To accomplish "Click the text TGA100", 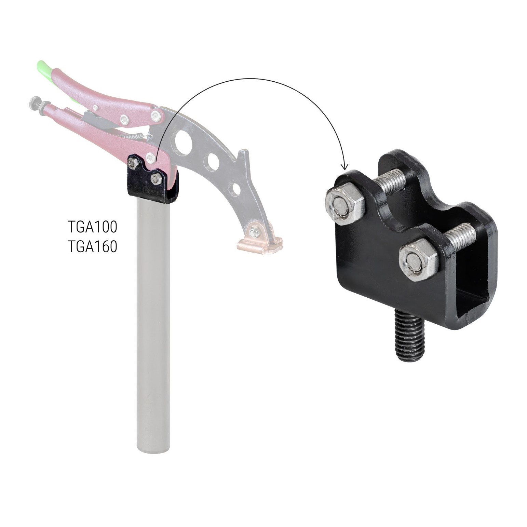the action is coord(93,227).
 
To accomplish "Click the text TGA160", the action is coord(93,246).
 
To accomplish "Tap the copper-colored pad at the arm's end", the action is coord(260,242).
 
